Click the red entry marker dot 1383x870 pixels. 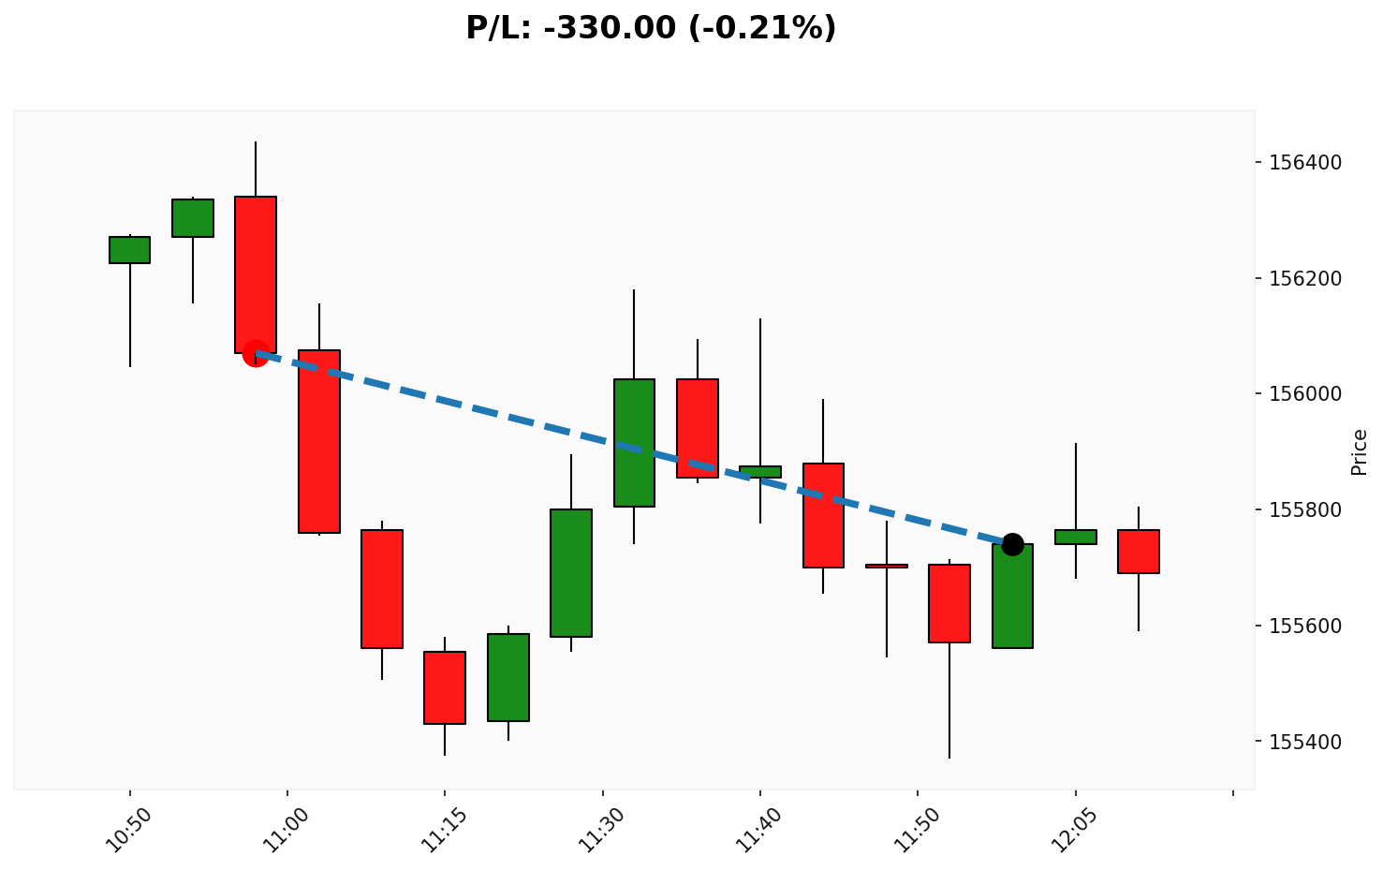tap(255, 353)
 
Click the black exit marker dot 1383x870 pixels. tap(1012, 544)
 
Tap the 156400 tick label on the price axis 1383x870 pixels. tap(1306, 163)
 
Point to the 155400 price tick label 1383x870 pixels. tap(1306, 742)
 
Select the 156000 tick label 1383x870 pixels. tap(1306, 394)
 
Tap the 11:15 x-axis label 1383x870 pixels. tap(443, 829)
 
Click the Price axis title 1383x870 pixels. tap(1360, 451)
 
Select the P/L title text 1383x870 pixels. tap(651, 28)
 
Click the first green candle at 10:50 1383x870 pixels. tap(129, 249)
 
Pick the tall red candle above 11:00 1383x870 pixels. tap(319, 440)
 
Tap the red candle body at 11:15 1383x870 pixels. tap(445, 687)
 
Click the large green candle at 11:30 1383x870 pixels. tap(634, 442)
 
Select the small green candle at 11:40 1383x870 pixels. tap(760, 471)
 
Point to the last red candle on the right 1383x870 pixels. tap(1139, 551)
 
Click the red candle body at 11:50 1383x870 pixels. tap(949, 603)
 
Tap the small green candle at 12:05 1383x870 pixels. tap(1075, 537)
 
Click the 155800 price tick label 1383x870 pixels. tap(1306, 510)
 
